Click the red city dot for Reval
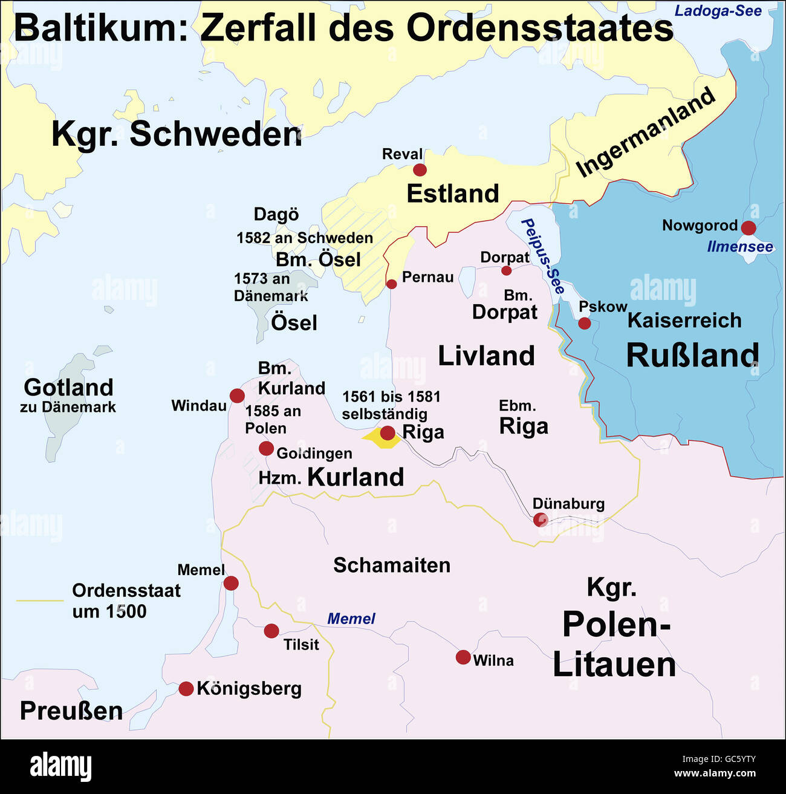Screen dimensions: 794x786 [420, 169]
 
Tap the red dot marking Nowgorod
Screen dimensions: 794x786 [749, 228]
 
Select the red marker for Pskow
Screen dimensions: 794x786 [584, 323]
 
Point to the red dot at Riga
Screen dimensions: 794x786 [388, 432]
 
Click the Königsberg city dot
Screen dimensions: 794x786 [186, 688]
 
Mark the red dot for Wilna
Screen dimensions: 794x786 [463, 657]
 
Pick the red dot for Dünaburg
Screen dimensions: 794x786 [541, 519]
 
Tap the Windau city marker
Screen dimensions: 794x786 [237, 396]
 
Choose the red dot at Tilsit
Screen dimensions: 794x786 [271, 631]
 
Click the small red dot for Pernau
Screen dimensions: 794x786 [392, 284]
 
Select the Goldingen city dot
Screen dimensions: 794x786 [266, 448]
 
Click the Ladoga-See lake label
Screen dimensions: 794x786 [718, 11]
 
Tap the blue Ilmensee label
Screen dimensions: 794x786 [740, 247]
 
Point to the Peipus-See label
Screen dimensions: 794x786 [542, 256]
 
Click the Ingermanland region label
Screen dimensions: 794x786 [645, 132]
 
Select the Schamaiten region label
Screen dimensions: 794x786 [392, 565]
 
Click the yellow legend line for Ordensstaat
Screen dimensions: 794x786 [40, 600]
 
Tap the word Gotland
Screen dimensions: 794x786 [68, 387]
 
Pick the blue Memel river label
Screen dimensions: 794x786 [351, 619]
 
